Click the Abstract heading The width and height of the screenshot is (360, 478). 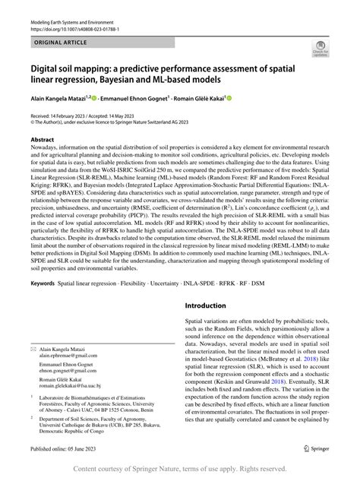(x=42, y=141)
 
